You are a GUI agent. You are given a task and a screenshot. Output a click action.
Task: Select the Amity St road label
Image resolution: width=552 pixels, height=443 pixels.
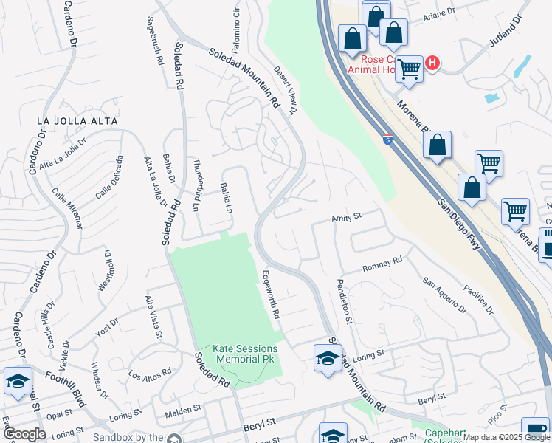click(345, 217)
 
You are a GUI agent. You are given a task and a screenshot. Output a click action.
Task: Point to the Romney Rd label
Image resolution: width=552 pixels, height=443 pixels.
click(382, 264)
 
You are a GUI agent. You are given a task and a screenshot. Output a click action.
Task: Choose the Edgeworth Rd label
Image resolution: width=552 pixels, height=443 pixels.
click(272, 295)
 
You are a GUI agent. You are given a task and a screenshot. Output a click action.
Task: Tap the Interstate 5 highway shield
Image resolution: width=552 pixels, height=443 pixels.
click(387, 139)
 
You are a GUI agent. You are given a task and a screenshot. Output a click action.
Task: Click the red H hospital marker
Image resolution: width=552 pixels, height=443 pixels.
click(432, 64)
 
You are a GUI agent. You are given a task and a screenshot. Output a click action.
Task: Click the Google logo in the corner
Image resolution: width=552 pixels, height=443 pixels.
click(24, 434)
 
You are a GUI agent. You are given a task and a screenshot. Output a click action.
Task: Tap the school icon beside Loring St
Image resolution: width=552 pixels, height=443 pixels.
click(327, 360)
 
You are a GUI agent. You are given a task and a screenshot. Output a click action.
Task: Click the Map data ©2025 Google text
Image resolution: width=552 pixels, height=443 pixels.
click(506, 437)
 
